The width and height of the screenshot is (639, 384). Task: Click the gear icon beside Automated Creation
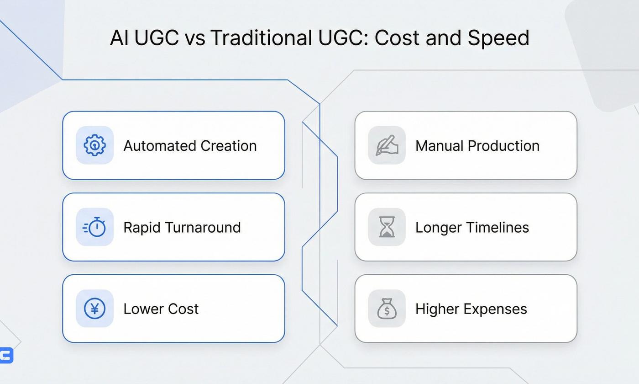(x=94, y=145)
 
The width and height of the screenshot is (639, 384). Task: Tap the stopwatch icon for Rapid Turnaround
(x=94, y=227)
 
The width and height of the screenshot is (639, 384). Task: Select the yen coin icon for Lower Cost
(x=94, y=309)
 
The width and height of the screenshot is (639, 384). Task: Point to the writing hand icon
(x=387, y=145)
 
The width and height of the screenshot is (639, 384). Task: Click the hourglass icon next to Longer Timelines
(x=387, y=227)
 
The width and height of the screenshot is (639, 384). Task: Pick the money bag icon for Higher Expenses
(x=387, y=309)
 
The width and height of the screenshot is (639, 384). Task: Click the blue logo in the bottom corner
(x=6, y=355)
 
